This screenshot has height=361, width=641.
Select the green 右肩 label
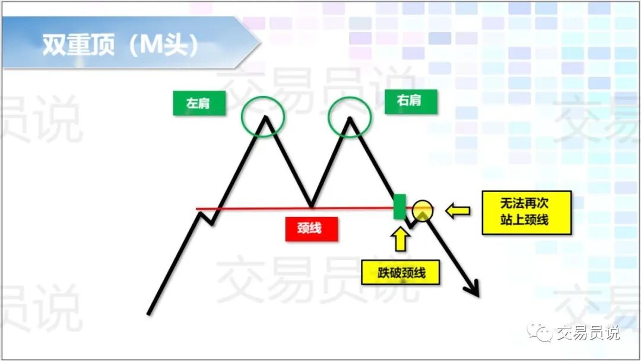[411, 101]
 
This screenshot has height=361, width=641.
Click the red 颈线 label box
[312, 228]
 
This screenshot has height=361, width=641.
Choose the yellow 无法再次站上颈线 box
[526, 212]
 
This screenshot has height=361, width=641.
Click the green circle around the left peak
[264, 116]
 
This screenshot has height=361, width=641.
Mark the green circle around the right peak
[350, 116]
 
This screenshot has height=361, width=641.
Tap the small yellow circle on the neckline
[422, 210]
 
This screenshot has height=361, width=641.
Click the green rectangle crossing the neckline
[400, 206]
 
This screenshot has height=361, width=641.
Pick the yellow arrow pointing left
[458, 210]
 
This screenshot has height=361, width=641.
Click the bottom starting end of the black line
[149, 312]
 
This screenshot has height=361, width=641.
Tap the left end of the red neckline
[198, 209]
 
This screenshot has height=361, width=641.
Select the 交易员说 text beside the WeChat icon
[588, 333]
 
